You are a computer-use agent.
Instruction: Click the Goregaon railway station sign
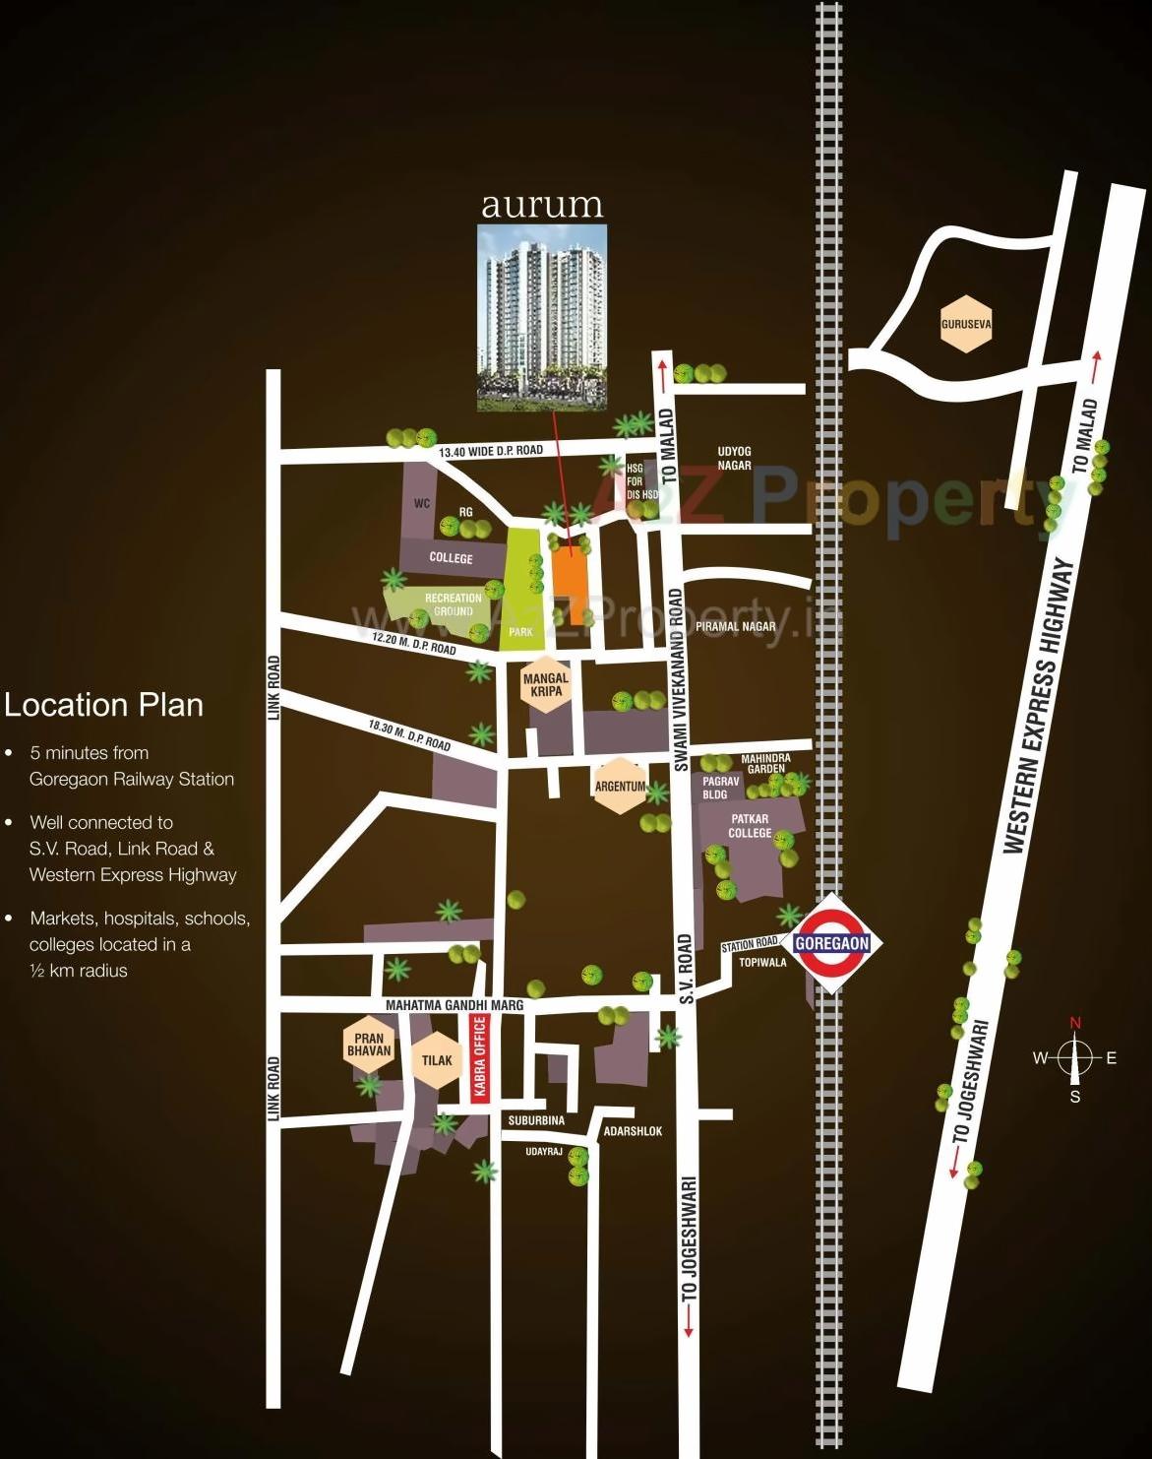tap(831, 942)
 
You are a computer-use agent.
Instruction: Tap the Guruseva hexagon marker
tap(965, 323)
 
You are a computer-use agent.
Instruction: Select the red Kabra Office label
tap(480, 1059)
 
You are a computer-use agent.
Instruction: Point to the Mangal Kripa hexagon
tap(546, 684)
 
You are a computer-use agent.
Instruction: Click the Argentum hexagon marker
tap(620, 786)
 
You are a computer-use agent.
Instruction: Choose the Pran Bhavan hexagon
tap(369, 1045)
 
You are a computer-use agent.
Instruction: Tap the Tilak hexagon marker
tap(437, 1060)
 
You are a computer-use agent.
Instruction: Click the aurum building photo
tap(541, 317)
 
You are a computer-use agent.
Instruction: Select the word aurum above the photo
tap(541, 205)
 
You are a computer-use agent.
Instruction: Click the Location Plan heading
tap(103, 705)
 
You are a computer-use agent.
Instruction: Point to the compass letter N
tap(1075, 1023)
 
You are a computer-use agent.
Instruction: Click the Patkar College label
tap(750, 826)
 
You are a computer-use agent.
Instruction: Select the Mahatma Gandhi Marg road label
tap(455, 1005)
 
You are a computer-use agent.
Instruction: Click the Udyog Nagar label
tap(734, 459)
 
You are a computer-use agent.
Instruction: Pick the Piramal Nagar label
tap(735, 626)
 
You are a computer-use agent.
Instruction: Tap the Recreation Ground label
tap(454, 604)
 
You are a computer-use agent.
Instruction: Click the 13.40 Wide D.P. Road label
tap(491, 451)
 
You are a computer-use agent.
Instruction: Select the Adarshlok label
tap(633, 1131)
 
